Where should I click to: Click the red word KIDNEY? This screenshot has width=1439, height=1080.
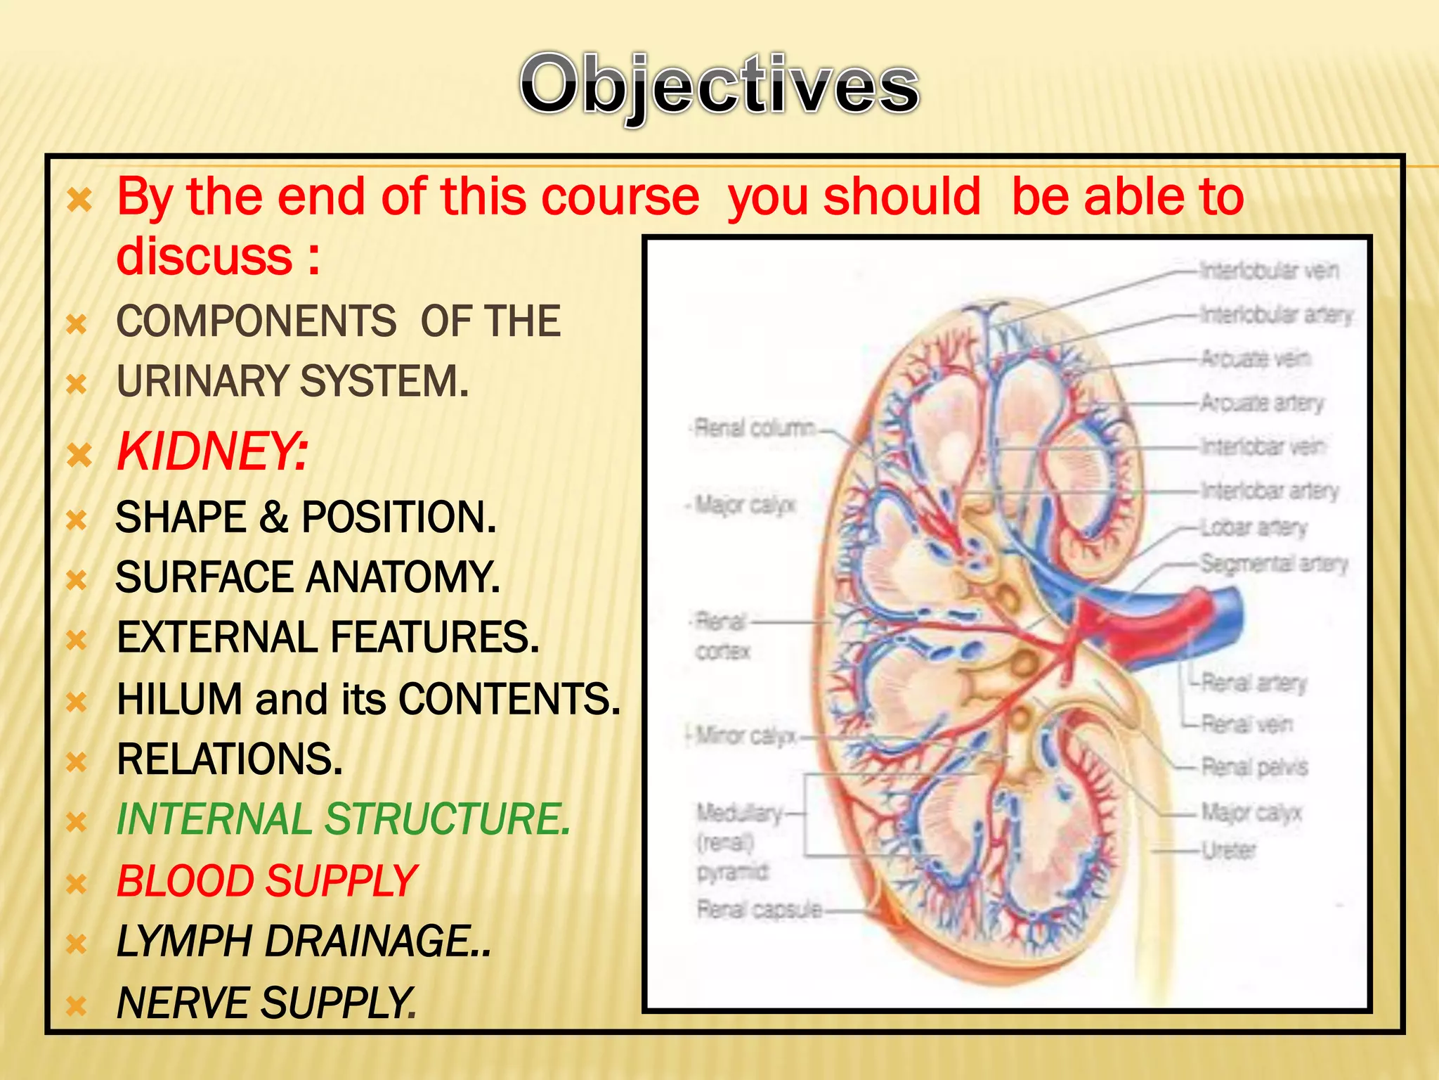pos(211,451)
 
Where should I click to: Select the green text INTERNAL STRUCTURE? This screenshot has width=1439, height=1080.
pos(343,819)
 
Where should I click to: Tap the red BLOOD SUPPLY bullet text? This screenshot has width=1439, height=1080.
pos(267,880)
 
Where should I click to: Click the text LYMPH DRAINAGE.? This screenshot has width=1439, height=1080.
pos(302,941)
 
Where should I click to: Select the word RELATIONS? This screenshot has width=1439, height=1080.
pos(229,759)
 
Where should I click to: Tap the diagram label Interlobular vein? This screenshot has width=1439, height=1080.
pos(1268,270)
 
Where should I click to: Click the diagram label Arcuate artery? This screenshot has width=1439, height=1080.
pos(1261,403)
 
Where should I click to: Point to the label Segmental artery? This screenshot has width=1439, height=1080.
pos(1273,563)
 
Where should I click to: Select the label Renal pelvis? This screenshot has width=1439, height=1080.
pos(1254,766)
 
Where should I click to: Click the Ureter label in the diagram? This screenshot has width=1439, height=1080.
pos(1228,851)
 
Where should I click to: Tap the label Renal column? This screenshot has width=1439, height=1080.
pos(754,427)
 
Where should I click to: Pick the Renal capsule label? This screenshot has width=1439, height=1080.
pos(759,910)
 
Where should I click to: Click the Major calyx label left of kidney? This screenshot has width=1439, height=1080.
pos(745,504)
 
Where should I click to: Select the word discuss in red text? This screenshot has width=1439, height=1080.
pos(204,256)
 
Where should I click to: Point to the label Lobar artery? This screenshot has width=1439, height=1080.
pos(1254,527)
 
